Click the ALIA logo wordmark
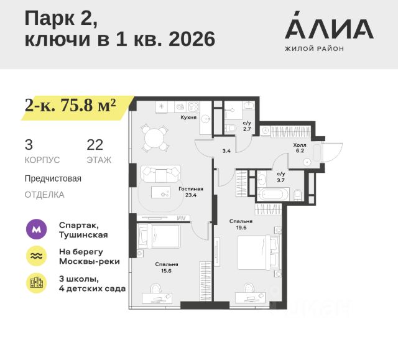pos(329,29)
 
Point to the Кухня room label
pos(188,117)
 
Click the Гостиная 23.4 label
pos(191,192)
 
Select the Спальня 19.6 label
pos(240,224)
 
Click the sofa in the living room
pos(160,172)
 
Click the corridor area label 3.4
pos(226,150)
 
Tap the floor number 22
pos(95,145)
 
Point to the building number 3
pos(29,145)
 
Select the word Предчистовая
pos(53,178)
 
